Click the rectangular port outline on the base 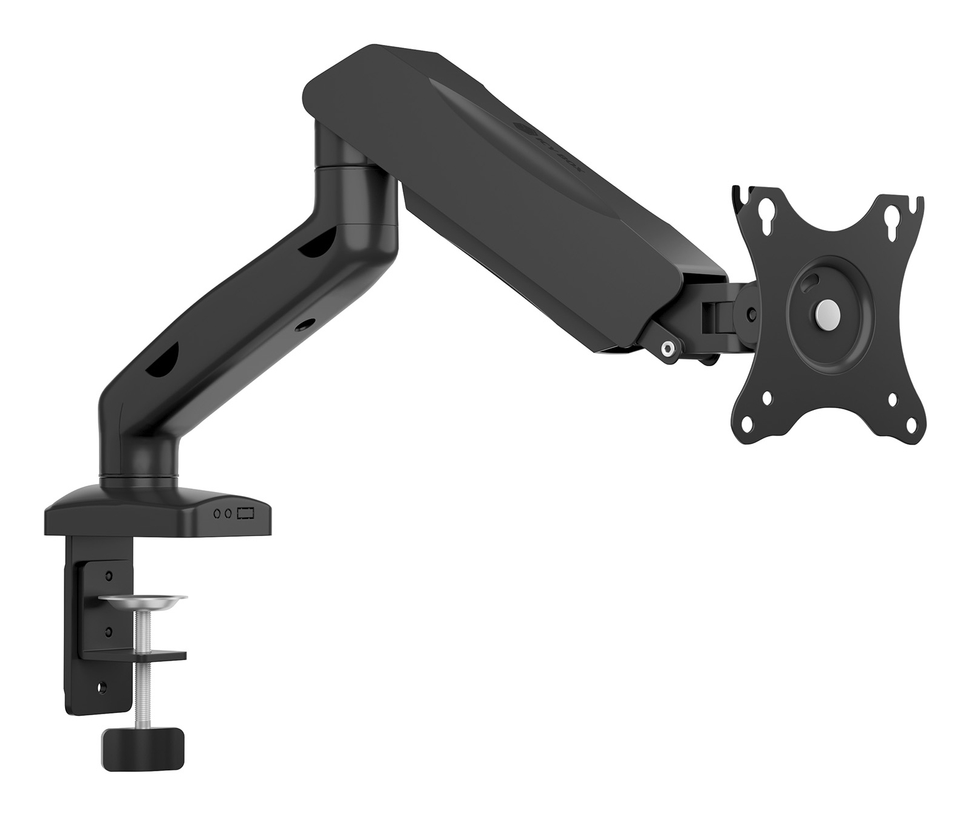coord(245,514)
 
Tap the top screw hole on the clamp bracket coord(109,575)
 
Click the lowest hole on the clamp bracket coord(101,687)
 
